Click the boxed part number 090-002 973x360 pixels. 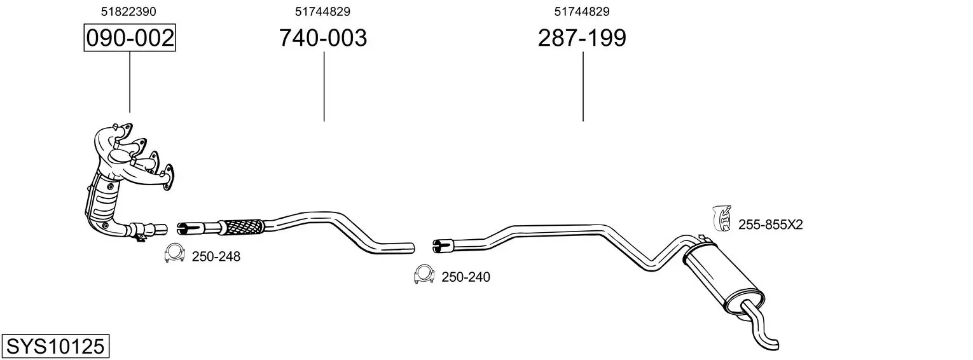pos(130,38)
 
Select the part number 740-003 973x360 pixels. pos(323,38)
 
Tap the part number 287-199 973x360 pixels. pos(582,38)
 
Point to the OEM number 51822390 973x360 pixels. pos(128,11)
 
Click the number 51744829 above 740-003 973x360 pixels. pos(322,11)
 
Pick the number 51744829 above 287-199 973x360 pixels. pos(582,11)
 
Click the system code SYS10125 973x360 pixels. pos(55,347)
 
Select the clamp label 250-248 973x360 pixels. pos(216,257)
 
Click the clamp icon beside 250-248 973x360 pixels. pos(175,253)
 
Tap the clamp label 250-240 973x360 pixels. pos(466,277)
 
